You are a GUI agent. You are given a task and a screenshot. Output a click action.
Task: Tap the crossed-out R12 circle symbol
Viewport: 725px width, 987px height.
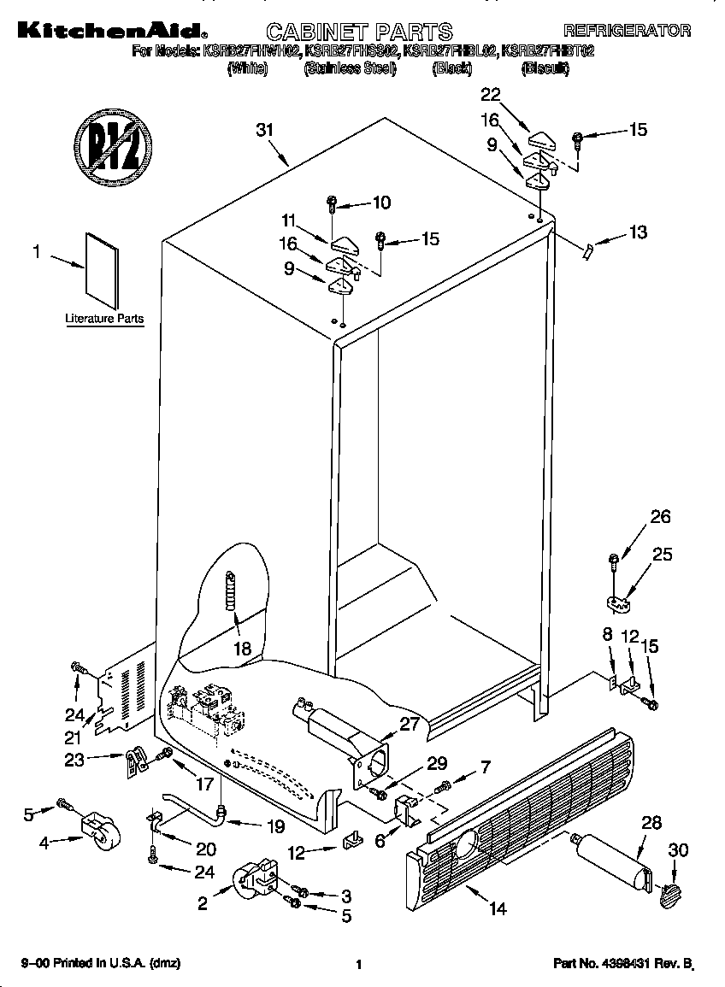click(x=112, y=141)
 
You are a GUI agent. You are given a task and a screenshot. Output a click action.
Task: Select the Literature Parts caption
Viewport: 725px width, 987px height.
click(x=104, y=319)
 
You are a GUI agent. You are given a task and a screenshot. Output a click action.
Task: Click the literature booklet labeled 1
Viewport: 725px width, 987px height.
click(x=101, y=271)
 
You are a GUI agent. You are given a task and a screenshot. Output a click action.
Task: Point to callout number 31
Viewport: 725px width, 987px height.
click(x=265, y=131)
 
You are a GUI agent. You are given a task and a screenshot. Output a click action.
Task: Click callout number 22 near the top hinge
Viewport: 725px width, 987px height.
click(x=490, y=94)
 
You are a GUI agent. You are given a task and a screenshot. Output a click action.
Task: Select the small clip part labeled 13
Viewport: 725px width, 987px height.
click(x=587, y=250)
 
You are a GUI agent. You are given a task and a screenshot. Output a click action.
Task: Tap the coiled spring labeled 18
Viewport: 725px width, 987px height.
click(x=229, y=590)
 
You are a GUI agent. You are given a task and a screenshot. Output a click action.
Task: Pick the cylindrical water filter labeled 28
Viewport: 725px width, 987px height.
click(x=613, y=863)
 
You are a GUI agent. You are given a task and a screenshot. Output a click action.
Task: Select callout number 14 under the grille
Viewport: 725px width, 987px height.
click(x=498, y=909)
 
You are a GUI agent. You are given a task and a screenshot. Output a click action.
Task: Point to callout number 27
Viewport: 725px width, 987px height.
click(x=410, y=724)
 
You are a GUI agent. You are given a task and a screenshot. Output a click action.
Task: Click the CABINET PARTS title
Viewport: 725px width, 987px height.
click(x=360, y=32)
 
